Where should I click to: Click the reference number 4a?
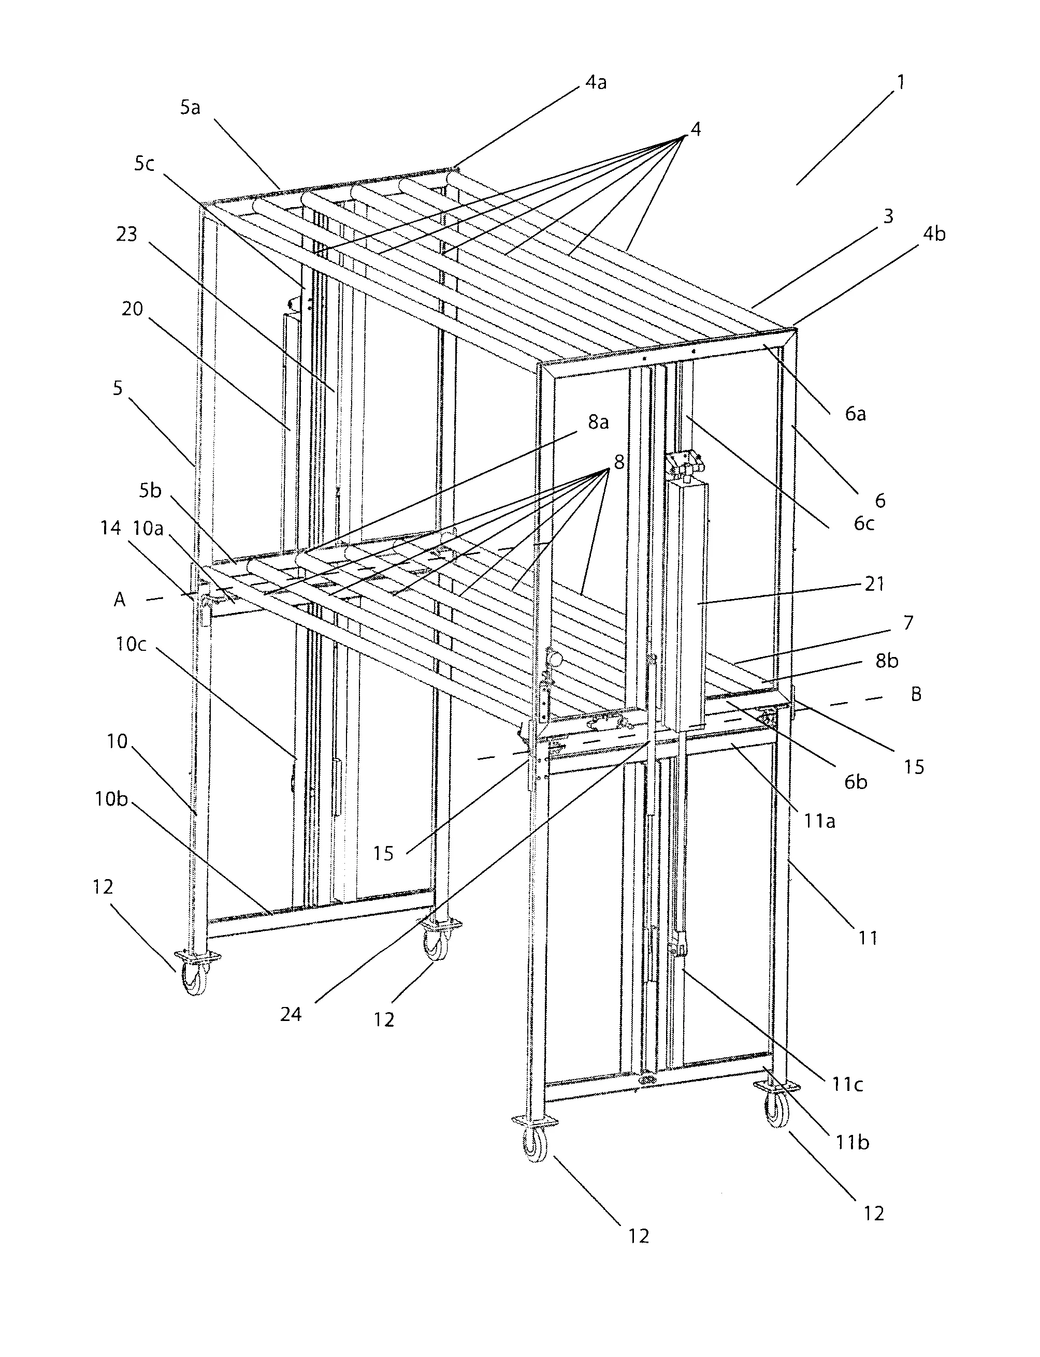[x=596, y=83]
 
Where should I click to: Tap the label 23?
[x=126, y=234]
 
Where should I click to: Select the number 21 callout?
[x=874, y=583]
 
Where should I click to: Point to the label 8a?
[x=598, y=422]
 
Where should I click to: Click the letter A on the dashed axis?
[x=120, y=599]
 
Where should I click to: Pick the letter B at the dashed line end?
[x=916, y=694]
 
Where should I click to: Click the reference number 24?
[x=291, y=1014]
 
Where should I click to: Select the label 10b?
[x=111, y=799]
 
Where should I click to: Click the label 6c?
[x=863, y=523]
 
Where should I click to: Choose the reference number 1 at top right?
[x=901, y=82]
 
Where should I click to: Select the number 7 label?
[x=908, y=622]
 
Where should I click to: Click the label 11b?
[x=853, y=1142]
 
